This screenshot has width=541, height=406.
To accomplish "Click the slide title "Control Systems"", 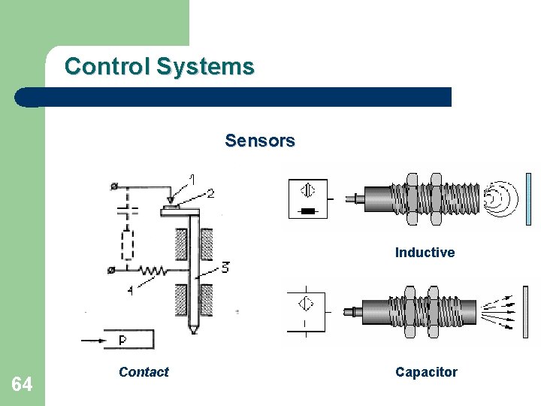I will tap(159, 66).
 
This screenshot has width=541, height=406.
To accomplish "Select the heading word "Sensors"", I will tap(260, 141).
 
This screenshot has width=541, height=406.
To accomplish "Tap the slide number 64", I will tap(22, 385).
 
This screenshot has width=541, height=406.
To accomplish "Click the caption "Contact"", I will tap(144, 371).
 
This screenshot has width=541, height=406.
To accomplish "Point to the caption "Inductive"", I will tap(425, 253).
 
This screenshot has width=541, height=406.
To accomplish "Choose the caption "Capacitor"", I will tap(426, 371).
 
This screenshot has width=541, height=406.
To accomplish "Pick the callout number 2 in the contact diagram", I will tap(210, 193).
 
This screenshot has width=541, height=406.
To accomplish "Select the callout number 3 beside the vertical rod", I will tap(225, 267).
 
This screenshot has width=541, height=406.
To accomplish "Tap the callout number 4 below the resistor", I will tap(130, 290).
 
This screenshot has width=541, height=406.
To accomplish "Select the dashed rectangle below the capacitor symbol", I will tap(127, 244).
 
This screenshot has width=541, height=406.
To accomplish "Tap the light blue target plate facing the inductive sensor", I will tap(529, 198).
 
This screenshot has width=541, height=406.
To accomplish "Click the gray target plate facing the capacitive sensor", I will tap(526, 308).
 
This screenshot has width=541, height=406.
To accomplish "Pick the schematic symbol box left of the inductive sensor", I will tap(308, 198).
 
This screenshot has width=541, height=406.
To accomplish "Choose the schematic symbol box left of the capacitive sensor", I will tap(307, 311).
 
